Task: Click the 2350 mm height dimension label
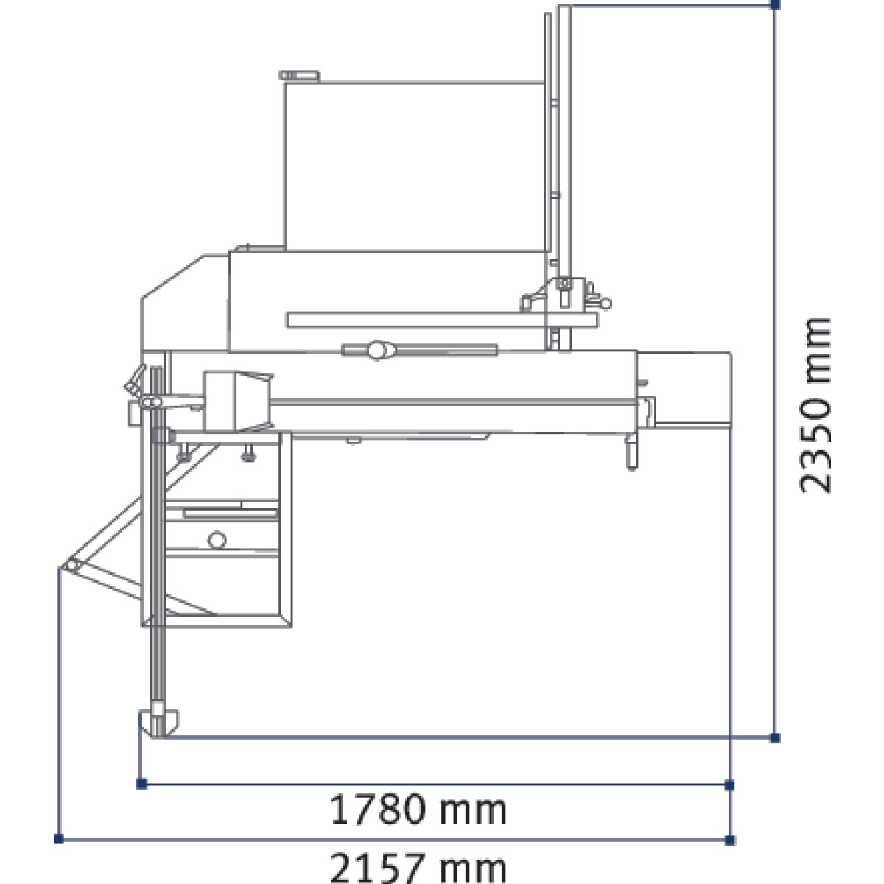tap(815, 405)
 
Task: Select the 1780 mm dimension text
tap(418, 810)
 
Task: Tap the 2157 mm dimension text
tap(418, 868)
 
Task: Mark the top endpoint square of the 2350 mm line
tap(775, 5)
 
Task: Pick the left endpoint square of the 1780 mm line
tap(141, 784)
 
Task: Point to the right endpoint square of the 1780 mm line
tap(729, 785)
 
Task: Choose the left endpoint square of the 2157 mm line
tap(59, 839)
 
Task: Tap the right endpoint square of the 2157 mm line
tap(730, 841)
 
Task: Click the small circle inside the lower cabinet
tap(217, 540)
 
